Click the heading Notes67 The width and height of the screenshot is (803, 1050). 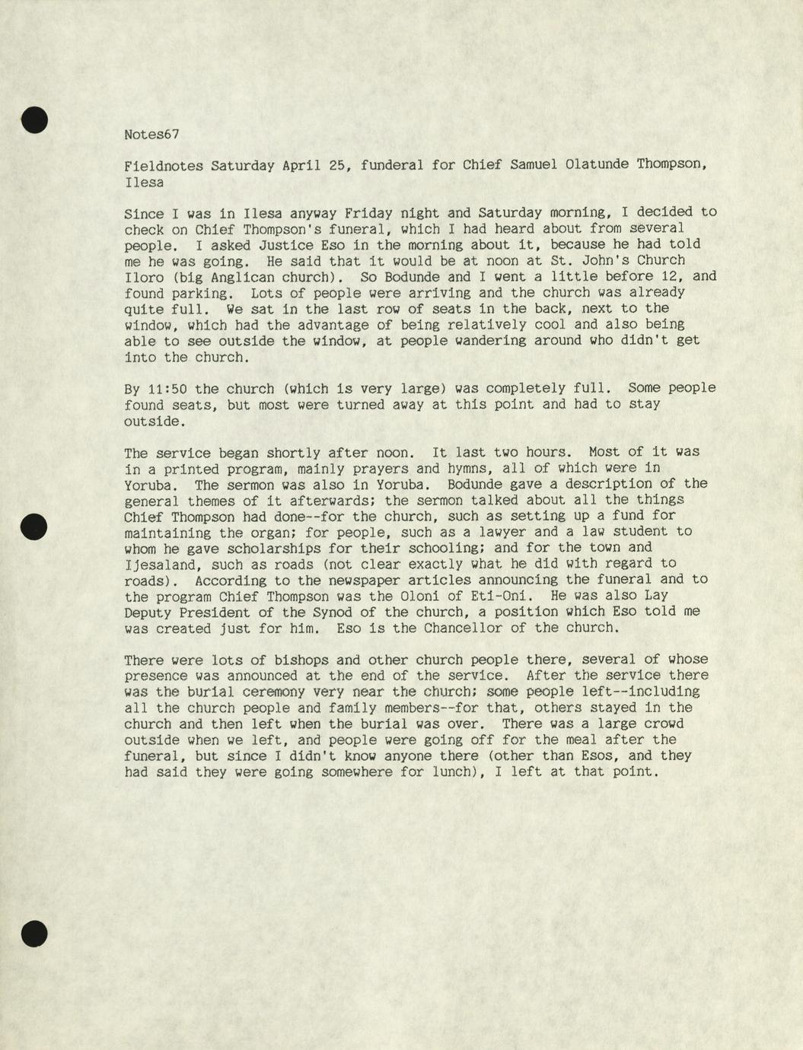151,135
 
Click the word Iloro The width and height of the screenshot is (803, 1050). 144,277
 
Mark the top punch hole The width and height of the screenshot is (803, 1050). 34,120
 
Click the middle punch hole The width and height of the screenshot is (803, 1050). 34,527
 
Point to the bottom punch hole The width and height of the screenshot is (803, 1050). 34,933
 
